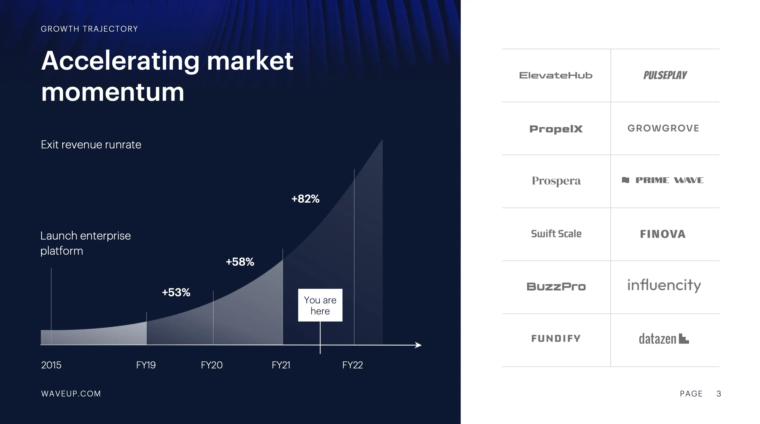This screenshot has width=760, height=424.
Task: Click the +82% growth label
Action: click(x=305, y=199)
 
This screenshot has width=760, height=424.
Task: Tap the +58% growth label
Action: click(x=240, y=262)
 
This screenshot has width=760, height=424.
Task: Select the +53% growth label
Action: click(x=176, y=292)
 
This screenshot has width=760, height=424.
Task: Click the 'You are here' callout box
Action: click(x=320, y=305)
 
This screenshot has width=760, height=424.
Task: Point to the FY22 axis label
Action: click(x=352, y=365)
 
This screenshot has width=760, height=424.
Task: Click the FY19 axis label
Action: click(x=146, y=365)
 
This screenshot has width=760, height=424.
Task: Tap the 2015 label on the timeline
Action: click(x=51, y=365)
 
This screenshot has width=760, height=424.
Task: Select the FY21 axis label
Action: click(x=281, y=365)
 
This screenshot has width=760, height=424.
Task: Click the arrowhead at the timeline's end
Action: click(x=418, y=345)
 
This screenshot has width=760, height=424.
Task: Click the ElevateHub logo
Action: click(x=556, y=75)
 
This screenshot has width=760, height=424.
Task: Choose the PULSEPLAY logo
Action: click(x=665, y=75)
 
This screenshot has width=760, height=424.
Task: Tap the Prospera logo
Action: click(x=556, y=181)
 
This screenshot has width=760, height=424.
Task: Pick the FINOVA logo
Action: click(x=663, y=234)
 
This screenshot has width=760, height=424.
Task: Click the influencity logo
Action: click(x=664, y=285)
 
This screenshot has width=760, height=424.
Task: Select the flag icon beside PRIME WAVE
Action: click(x=626, y=180)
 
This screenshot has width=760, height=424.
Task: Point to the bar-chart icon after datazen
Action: click(x=684, y=338)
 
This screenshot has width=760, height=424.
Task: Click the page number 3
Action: click(x=719, y=394)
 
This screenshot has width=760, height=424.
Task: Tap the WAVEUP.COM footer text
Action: click(x=71, y=394)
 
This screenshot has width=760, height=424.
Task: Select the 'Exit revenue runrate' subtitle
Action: click(x=91, y=145)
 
